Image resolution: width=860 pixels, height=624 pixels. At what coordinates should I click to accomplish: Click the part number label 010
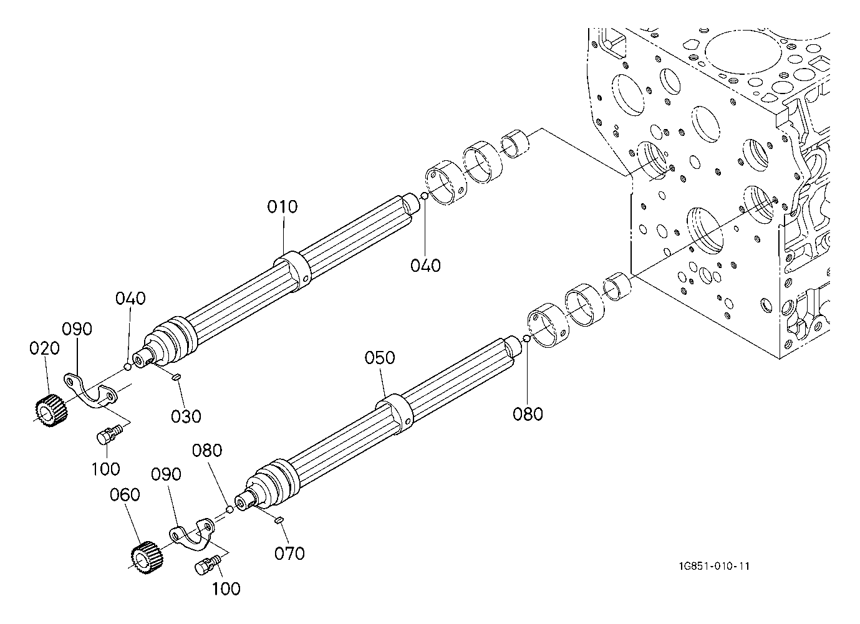pos(282,207)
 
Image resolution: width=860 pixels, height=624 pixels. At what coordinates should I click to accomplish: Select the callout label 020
pos(44,348)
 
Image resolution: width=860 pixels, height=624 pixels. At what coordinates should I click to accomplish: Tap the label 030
pos(186,416)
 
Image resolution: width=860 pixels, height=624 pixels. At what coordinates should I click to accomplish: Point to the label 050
pos(380,358)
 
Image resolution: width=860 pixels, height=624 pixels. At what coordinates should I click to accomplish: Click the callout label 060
pos(125,495)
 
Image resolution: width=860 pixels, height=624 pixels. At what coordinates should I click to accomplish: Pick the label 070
pos(289,554)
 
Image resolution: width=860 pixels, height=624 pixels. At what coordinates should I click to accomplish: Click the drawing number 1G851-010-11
pos(713,566)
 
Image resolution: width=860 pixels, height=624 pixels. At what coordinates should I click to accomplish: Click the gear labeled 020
pos(51,410)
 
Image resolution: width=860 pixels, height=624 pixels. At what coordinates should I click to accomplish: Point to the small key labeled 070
pos(279,520)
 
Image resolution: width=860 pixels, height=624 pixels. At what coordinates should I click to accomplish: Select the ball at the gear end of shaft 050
pos(229,509)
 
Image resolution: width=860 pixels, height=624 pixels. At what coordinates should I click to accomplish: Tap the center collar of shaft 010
pos(292,271)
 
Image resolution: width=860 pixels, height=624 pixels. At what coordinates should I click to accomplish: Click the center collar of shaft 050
pos(394,414)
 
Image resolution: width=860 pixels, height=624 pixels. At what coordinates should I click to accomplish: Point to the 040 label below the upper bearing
pos(425,266)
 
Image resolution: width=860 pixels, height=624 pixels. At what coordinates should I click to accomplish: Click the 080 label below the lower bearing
pos(528,414)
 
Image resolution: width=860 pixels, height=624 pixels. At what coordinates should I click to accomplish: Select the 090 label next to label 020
pos(77,329)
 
